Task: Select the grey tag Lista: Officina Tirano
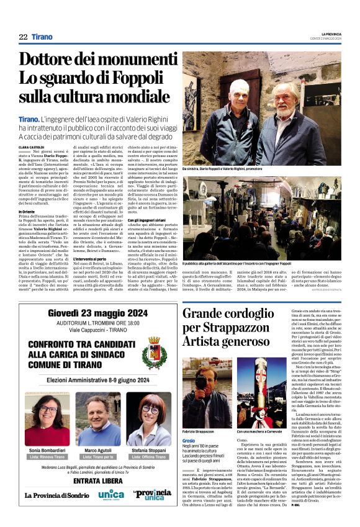point(150,456)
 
